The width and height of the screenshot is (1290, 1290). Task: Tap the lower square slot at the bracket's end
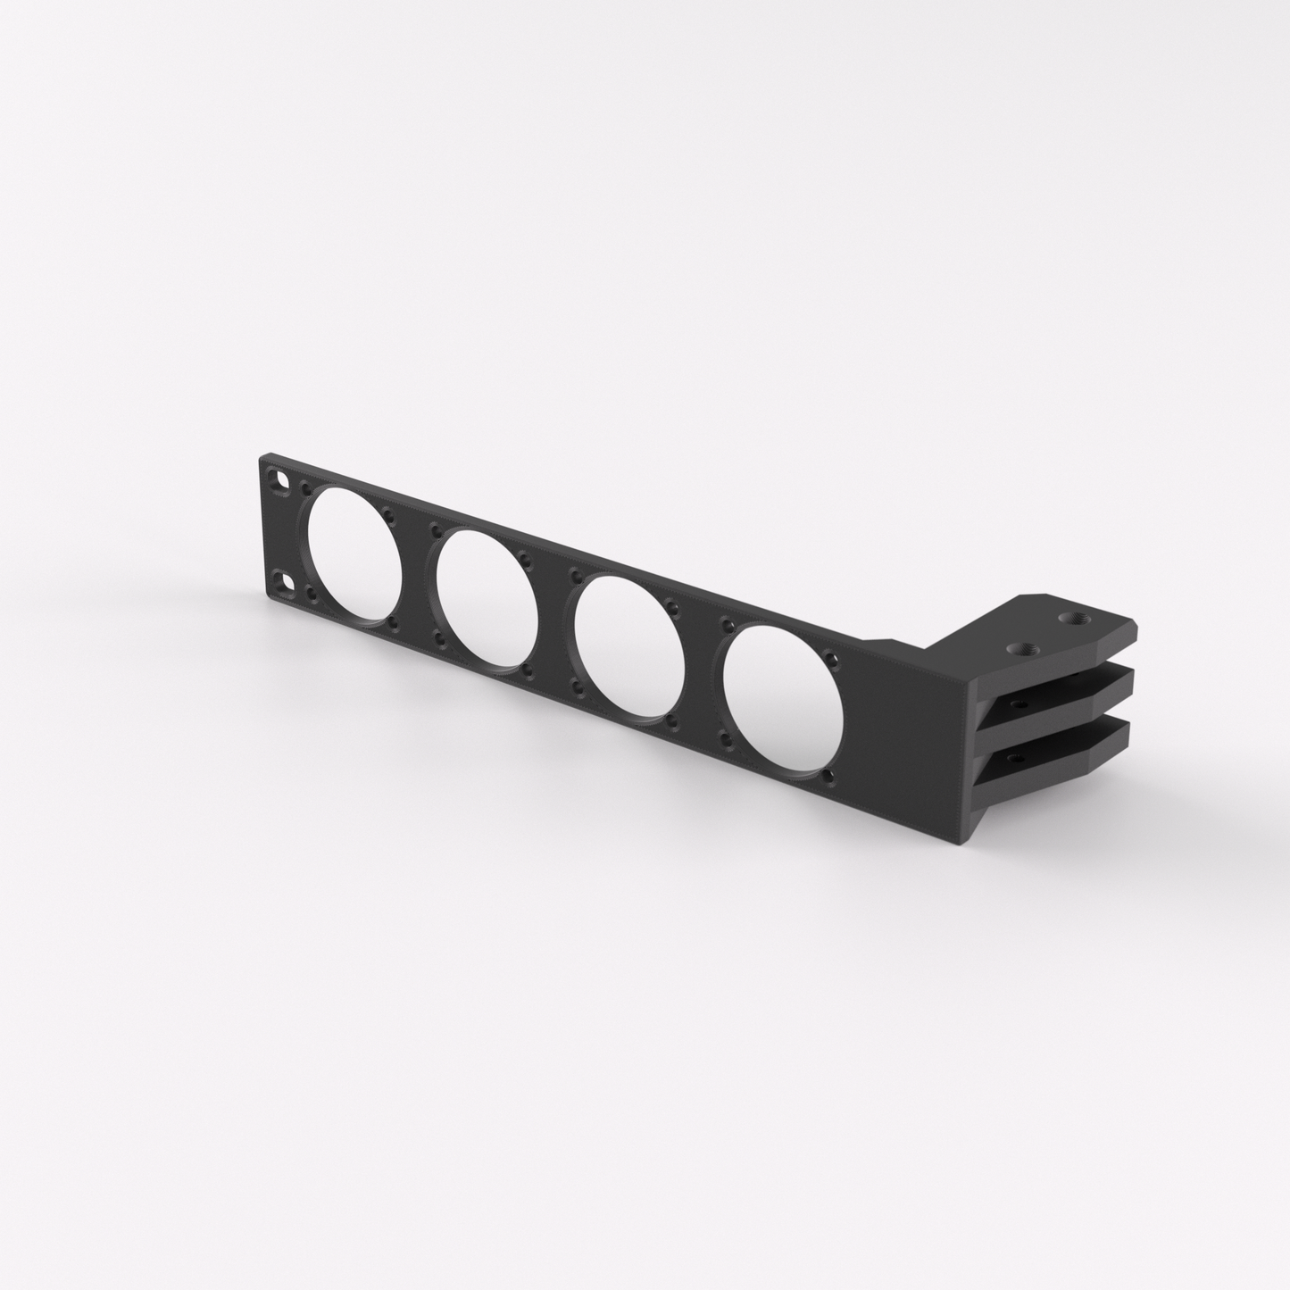[x=287, y=581]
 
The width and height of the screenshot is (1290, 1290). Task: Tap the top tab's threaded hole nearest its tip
[x=1068, y=618]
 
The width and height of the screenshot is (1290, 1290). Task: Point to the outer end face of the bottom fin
[x=1130, y=737]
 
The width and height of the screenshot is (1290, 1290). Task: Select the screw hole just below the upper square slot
[x=306, y=489]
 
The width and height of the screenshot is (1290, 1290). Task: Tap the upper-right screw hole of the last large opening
[x=834, y=663]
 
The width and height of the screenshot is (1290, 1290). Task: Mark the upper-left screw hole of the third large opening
[x=578, y=577]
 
